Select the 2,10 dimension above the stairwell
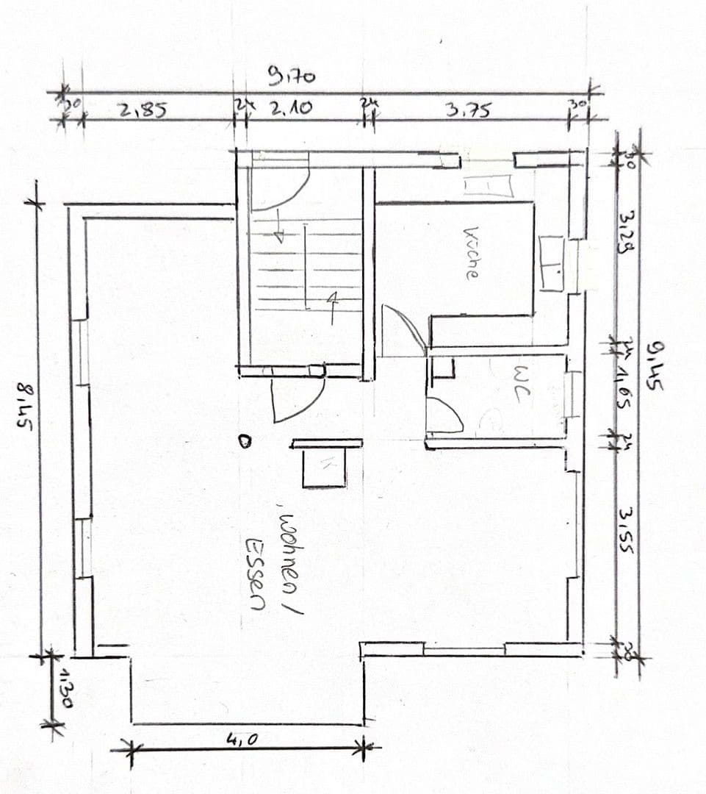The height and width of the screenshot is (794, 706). coord(289,110)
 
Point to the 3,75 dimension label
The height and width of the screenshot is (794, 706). coord(468,110)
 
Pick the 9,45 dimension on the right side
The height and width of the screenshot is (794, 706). coord(655,368)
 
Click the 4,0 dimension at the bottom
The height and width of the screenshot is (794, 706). coord(242,740)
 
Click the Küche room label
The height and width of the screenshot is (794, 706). coord(471,252)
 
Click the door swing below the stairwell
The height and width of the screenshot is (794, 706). coord(296,399)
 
